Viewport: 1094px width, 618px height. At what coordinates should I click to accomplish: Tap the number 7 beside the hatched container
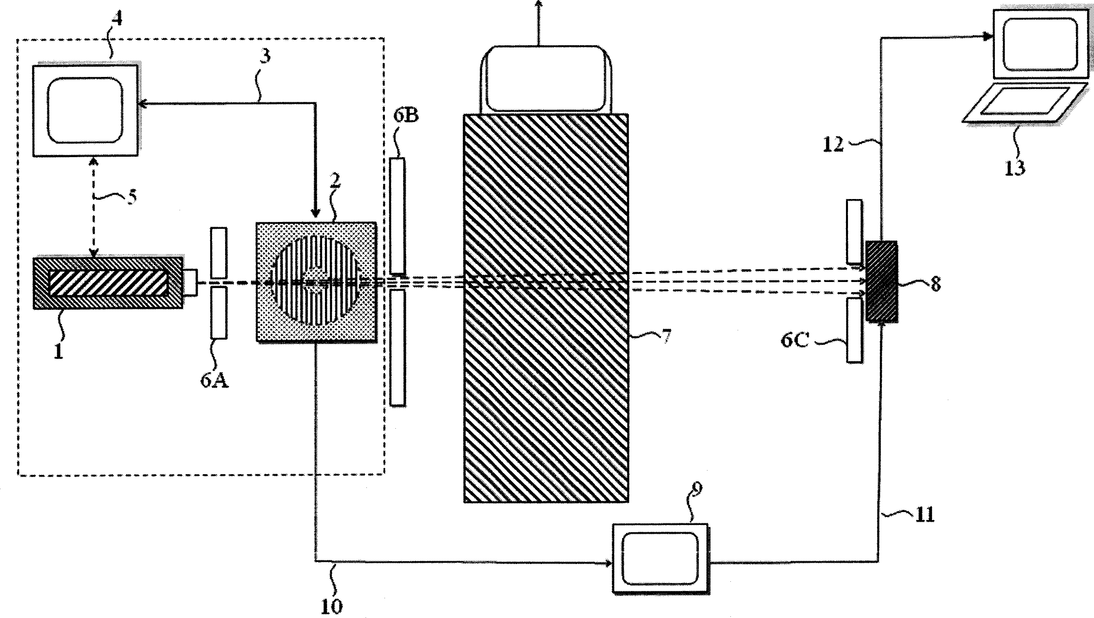(666, 337)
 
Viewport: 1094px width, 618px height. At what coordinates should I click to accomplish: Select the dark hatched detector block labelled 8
(882, 281)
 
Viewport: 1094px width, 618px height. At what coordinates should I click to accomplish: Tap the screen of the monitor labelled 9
(660, 558)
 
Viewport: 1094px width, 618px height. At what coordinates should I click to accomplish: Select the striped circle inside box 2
(317, 280)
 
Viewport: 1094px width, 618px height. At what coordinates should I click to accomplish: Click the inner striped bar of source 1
(108, 283)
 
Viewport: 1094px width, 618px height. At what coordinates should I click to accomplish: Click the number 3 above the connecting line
(265, 56)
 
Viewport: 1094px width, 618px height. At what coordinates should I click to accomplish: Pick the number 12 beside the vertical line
(833, 145)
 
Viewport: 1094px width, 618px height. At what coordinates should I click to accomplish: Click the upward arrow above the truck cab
(538, 21)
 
